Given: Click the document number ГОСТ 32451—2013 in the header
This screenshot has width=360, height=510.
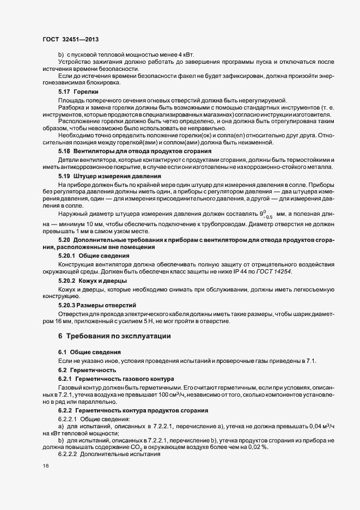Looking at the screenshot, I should click(x=70, y=40).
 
